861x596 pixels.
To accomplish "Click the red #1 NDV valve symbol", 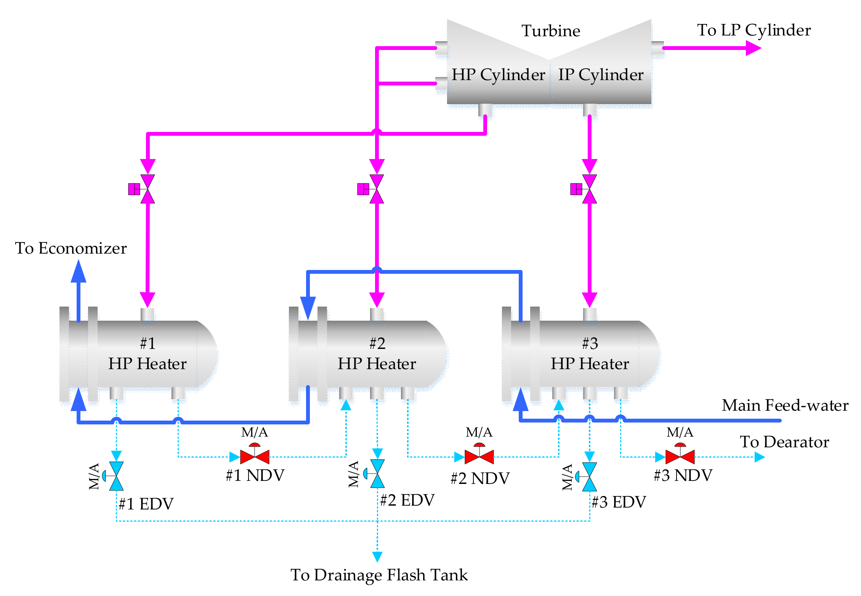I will tap(255, 456).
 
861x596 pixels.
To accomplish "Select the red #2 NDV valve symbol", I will tap(479, 456).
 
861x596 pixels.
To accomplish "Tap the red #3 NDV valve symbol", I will tap(680, 456).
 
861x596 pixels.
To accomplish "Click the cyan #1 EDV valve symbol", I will tap(116, 476).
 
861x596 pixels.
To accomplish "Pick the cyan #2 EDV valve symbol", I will tap(377, 474).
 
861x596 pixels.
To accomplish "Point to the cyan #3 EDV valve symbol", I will tap(590, 477).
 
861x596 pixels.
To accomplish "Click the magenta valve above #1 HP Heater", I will tap(148, 189).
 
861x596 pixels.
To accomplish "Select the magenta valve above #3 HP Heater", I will tap(590, 189).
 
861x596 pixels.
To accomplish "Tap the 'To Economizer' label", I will tap(71, 248).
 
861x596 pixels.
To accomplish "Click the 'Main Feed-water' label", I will tap(785, 405).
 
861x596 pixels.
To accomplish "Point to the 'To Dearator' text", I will tap(784, 442).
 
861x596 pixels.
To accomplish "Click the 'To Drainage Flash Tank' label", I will tap(379, 575).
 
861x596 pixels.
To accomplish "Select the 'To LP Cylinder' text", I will tap(754, 30).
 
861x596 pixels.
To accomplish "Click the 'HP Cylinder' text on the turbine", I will tap(498, 75).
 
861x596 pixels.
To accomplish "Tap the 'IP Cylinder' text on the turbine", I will tap(601, 75).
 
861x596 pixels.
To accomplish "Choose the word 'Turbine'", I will tap(551, 31).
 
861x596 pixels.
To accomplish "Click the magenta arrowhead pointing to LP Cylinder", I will tap(753, 48).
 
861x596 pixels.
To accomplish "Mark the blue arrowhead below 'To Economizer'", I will tap(79, 271).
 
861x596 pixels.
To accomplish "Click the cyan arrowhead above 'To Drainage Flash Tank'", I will tap(377, 556).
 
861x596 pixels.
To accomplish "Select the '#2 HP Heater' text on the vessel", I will tap(377, 353).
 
